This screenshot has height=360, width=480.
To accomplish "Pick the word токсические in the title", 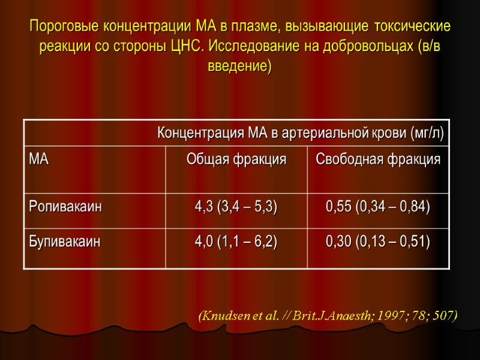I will tap(410, 27).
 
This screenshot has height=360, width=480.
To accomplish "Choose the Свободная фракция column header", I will tap(378, 160).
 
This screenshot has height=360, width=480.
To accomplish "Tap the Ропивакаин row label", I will tap(65, 207).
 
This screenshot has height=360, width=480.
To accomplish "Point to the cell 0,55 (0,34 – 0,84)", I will tap(378, 207).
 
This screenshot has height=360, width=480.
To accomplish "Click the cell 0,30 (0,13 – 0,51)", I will tap(378, 242).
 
